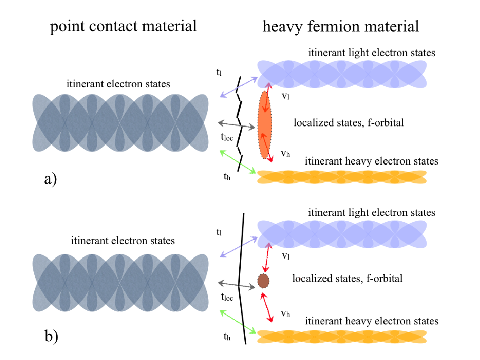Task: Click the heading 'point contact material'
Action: [x=123, y=26]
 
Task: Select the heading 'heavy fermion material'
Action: [x=341, y=26]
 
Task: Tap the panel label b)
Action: [x=51, y=336]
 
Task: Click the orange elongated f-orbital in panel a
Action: [x=265, y=125]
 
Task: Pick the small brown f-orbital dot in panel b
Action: [x=263, y=281]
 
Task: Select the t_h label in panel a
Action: [x=227, y=177]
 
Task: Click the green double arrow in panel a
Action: [x=237, y=162]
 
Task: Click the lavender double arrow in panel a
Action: [x=237, y=87]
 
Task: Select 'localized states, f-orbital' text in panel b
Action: [x=347, y=278]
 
